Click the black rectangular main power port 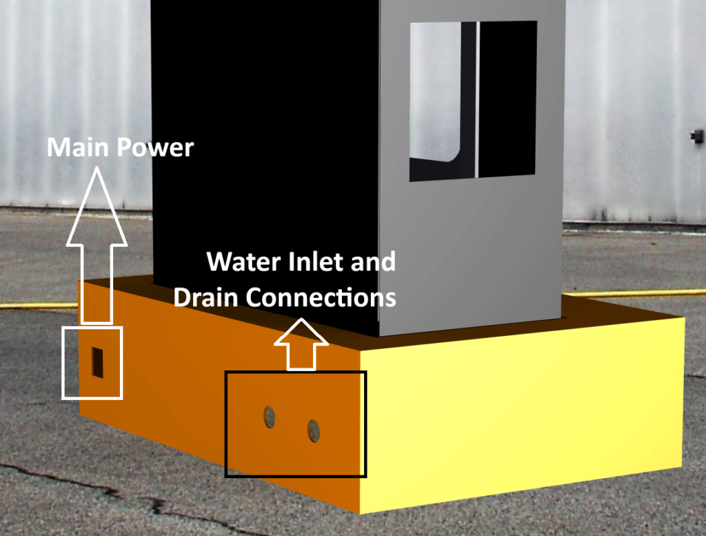coord(98,362)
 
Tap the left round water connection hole coord(270,416)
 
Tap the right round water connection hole coord(314,430)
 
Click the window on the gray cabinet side coord(473,101)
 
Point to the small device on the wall coord(696,135)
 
